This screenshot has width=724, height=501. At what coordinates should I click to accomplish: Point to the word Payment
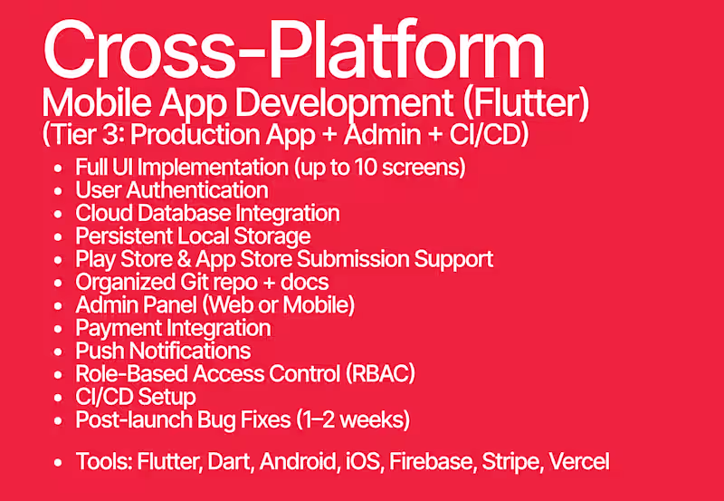click(x=113, y=328)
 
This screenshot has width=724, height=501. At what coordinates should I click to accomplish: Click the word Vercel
click(x=580, y=462)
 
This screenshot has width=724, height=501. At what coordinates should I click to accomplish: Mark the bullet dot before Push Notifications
click(x=60, y=352)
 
